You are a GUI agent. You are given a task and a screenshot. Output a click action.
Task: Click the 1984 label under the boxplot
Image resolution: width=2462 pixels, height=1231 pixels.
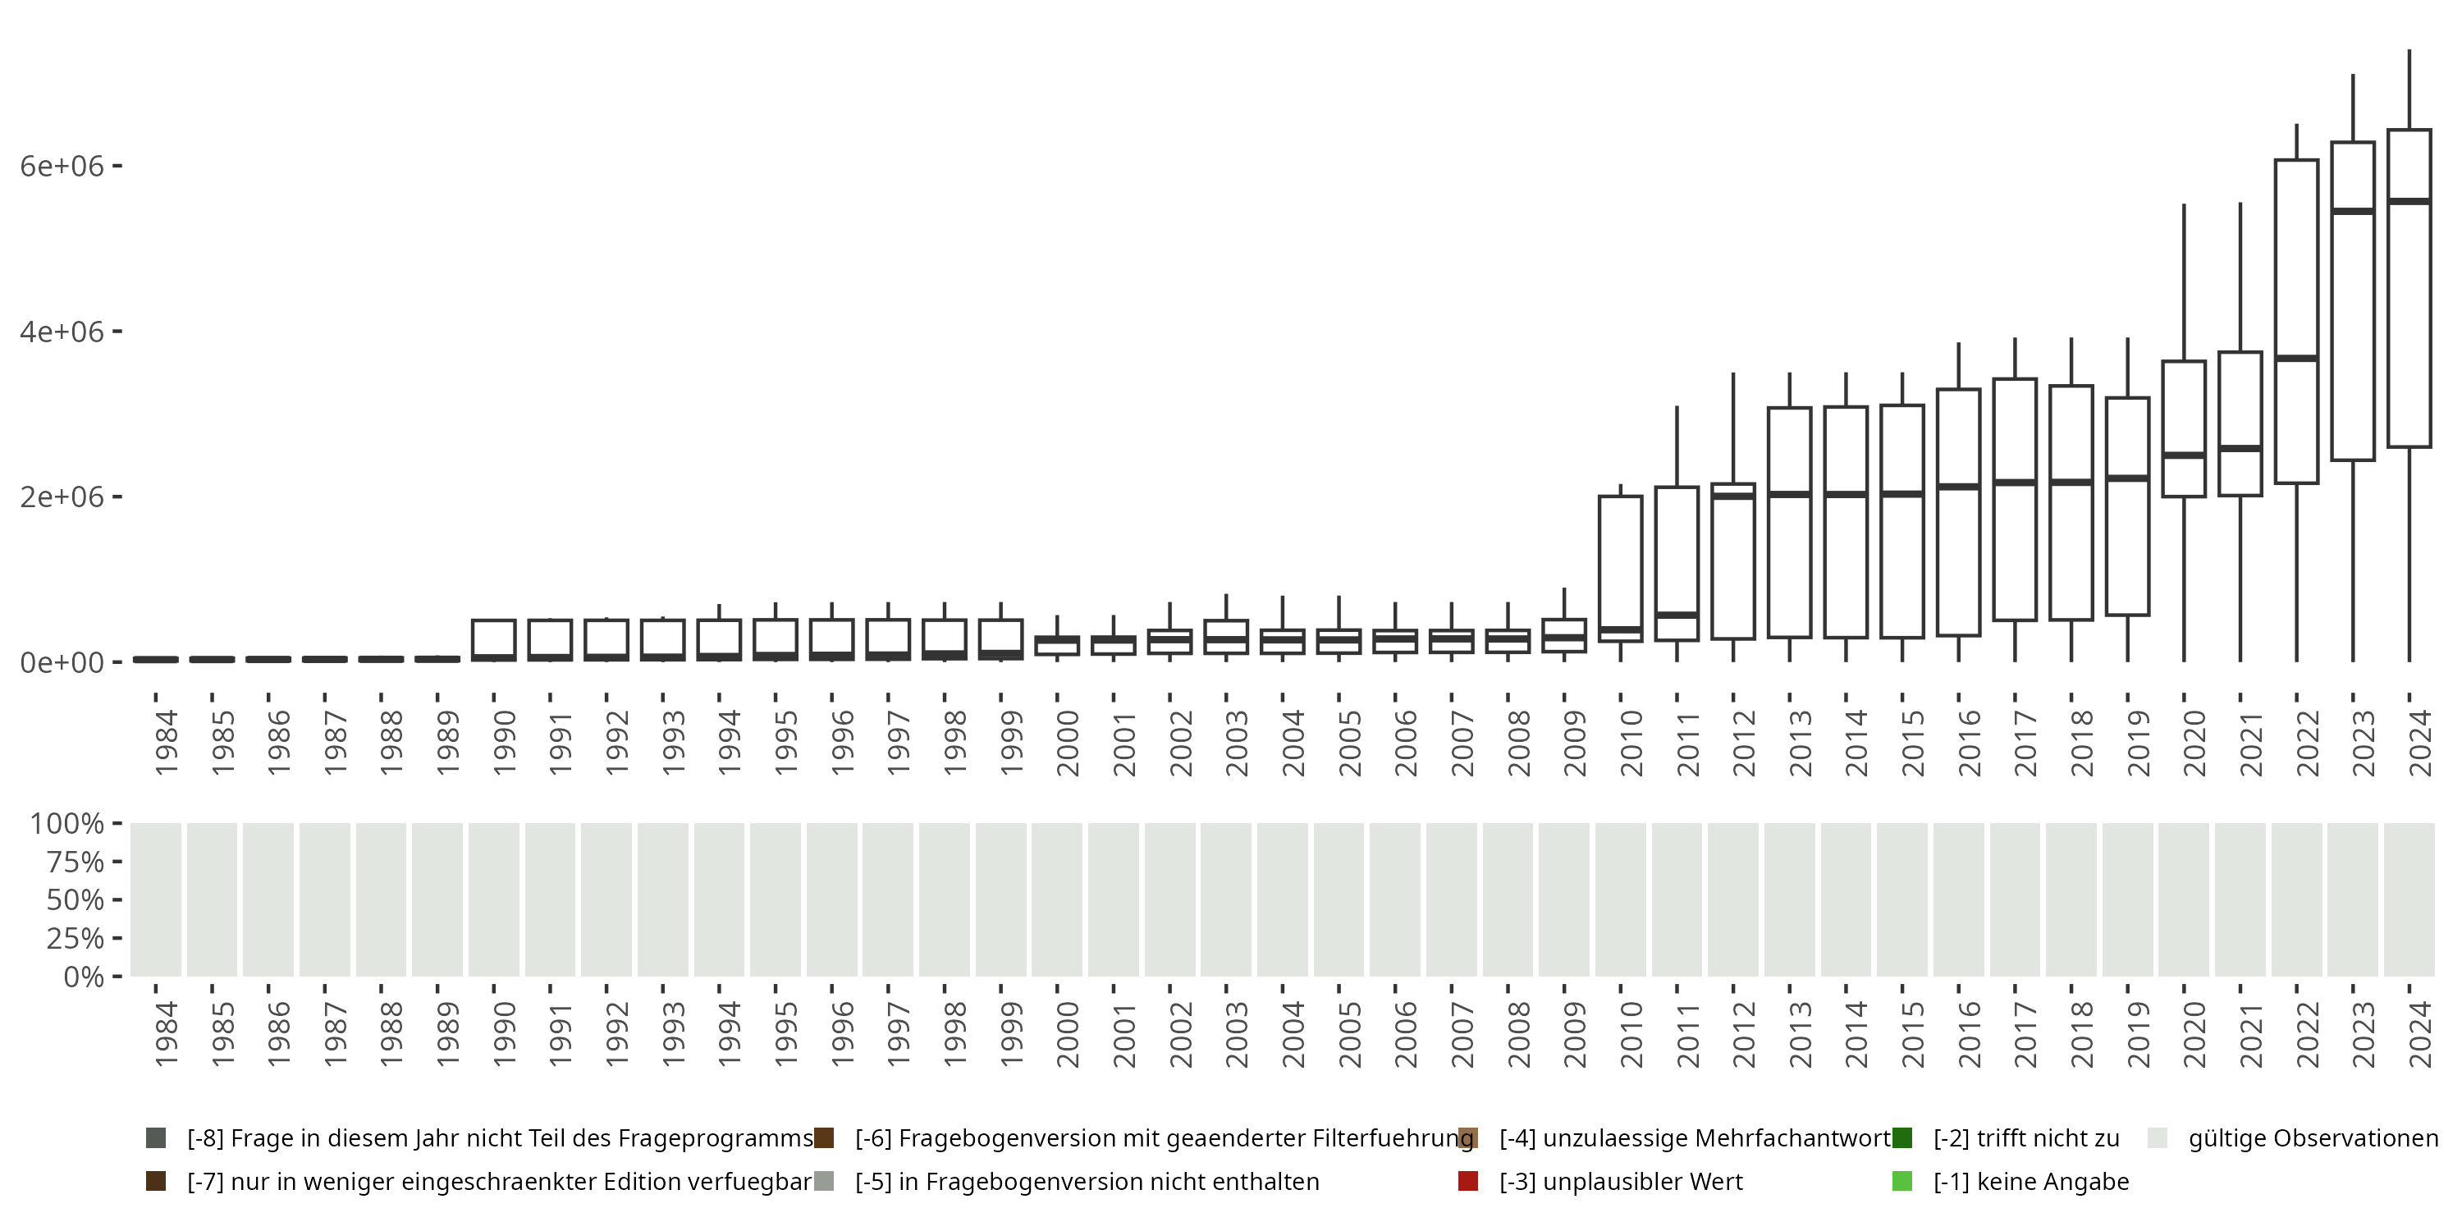[167, 743]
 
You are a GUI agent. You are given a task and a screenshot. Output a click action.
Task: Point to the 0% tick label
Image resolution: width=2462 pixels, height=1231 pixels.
[83, 977]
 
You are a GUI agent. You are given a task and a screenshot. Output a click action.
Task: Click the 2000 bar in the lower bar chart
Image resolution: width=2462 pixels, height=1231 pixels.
[1057, 899]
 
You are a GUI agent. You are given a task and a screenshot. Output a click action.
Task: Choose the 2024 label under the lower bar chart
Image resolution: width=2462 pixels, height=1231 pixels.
[2420, 1034]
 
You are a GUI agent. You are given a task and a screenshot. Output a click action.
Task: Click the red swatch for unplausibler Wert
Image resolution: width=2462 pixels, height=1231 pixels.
[1468, 1181]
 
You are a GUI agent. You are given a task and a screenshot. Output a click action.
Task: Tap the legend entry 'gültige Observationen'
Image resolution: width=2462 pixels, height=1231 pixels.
[2313, 1138]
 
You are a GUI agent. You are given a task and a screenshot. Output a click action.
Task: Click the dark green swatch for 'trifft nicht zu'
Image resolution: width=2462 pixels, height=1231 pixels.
[1902, 1138]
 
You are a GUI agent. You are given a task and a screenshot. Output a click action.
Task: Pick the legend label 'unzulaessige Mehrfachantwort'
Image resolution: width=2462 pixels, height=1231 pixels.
[1695, 1138]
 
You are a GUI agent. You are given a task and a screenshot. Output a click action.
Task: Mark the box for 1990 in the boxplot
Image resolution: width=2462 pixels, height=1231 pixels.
[494, 638]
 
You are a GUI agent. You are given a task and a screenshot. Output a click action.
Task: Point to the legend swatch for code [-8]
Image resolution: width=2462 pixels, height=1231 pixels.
[156, 1138]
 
